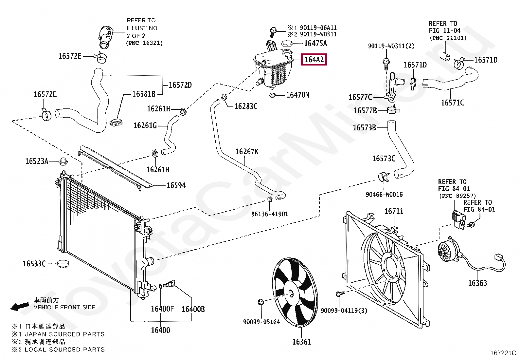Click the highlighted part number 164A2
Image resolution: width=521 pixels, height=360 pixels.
[x=314, y=60]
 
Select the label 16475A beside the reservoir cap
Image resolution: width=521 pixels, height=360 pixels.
[x=315, y=44]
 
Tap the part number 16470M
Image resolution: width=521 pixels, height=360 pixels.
[x=297, y=95]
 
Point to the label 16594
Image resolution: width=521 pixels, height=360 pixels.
[x=176, y=185]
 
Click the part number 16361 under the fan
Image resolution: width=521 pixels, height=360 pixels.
[x=301, y=342]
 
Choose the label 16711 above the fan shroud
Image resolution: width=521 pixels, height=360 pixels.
[x=394, y=211]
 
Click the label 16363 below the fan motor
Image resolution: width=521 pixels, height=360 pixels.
[x=477, y=283]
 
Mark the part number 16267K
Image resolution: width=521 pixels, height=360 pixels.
[x=247, y=152]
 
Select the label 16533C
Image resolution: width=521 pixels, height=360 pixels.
[x=34, y=263]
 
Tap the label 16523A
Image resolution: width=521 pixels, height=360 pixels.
[x=37, y=161]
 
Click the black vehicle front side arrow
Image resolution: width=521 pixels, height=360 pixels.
[x=19, y=307]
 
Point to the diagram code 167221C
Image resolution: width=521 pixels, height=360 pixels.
[x=503, y=353]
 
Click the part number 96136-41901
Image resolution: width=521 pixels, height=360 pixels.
[x=270, y=214]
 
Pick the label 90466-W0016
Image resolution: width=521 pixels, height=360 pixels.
[x=384, y=195]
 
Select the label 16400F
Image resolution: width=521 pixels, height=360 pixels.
[x=162, y=309]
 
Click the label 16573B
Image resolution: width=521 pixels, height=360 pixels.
[x=364, y=127]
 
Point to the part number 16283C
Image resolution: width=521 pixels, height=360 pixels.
[x=246, y=106]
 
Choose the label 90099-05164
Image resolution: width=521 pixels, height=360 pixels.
[x=261, y=322]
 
